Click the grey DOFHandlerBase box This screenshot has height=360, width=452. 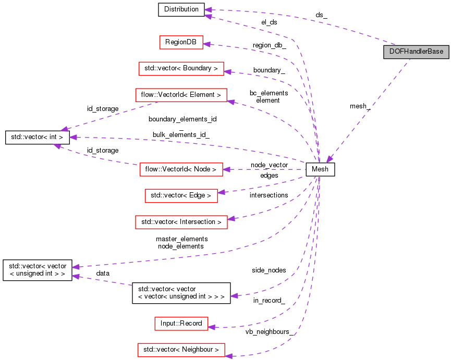416,52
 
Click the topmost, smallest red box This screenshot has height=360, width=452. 181,42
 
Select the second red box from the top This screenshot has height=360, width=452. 181,69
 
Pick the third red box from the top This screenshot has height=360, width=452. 181,95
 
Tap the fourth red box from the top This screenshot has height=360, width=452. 181,169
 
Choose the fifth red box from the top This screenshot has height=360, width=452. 181,196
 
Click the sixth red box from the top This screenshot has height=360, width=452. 181,222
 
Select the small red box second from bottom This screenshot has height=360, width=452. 181,324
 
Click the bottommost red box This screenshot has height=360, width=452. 181,350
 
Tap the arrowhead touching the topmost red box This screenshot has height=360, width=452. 206,44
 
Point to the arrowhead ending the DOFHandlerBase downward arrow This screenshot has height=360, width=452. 329,158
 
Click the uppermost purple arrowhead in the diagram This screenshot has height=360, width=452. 207,10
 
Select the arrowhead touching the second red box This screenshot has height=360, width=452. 227,71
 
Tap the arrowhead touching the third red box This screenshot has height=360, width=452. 230,102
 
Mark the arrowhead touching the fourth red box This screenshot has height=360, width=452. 226,169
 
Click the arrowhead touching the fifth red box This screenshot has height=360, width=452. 221,192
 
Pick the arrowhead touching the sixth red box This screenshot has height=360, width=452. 231,219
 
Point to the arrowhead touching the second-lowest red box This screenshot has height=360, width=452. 212,327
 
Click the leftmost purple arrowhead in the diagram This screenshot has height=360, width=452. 57,146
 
